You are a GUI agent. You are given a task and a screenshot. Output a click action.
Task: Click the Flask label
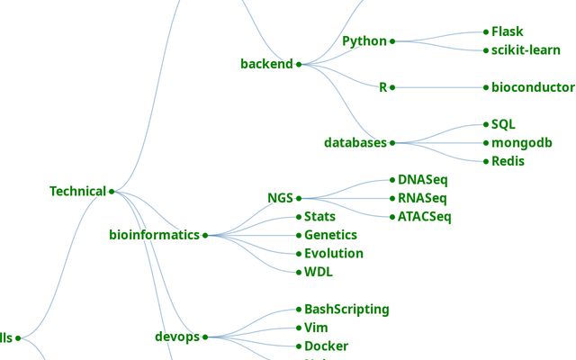pos(507,31)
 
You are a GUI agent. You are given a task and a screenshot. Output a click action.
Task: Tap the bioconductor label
pos(533,87)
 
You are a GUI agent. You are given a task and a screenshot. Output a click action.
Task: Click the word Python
pos(364,41)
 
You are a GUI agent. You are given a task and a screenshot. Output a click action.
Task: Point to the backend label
pos(266,64)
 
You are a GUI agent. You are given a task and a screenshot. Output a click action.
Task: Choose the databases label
pos(355,142)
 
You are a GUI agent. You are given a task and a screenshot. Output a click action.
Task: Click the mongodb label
pos(521,142)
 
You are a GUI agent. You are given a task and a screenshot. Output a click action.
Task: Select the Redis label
pos(508,161)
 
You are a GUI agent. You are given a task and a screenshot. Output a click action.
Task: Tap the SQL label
pos(503,124)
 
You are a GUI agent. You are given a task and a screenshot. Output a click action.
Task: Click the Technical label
pos(78,191)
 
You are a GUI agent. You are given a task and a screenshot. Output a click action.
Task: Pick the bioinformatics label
pos(154,235)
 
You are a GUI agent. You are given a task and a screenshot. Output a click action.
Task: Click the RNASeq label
pos(422,198)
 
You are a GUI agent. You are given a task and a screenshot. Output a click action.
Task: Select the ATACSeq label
pos(424,216)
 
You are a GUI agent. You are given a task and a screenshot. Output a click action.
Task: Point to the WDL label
pos(319,272)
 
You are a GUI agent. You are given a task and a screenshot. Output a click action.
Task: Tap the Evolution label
pos(333,253)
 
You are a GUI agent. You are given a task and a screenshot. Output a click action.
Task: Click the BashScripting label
pos(346,309)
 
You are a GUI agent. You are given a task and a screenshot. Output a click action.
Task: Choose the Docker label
pos(326,346)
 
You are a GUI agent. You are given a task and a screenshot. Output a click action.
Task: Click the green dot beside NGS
pos(299,198)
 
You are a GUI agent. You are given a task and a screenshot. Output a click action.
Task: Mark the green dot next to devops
pos(205,337)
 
